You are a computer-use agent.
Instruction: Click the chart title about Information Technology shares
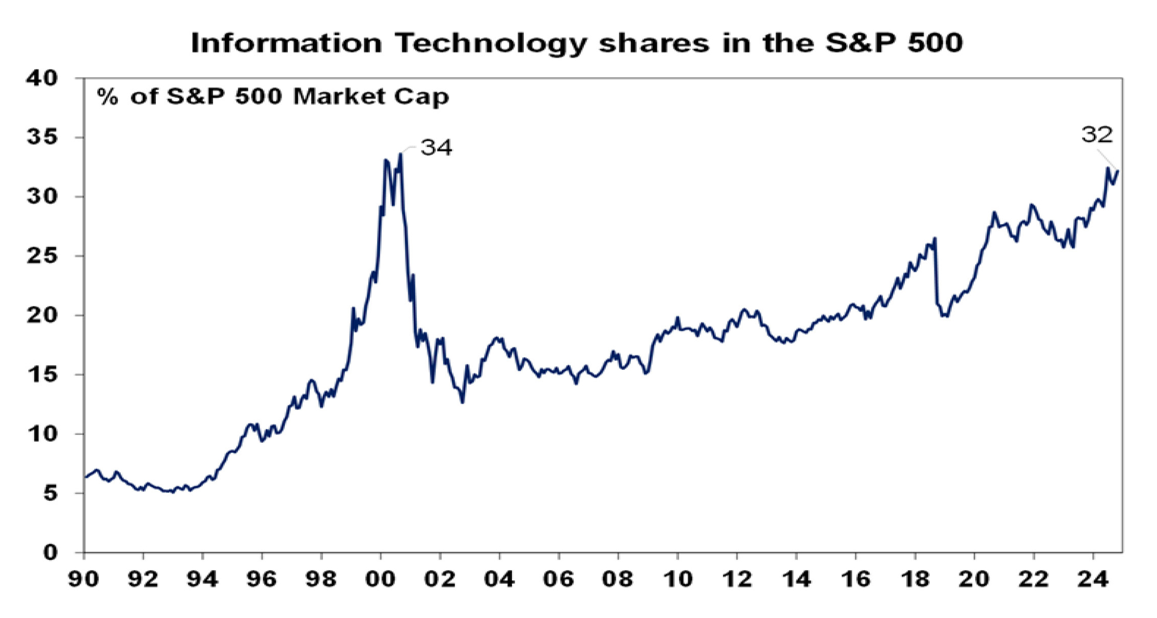(577, 42)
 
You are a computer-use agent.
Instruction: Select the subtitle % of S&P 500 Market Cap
(273, 96)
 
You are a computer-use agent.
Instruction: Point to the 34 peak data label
(436, 148)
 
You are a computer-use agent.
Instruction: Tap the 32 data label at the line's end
(1097, 135)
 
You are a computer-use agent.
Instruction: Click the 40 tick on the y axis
(43, 78)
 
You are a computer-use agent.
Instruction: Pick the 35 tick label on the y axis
(43, 138)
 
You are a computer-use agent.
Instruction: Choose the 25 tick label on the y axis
(43, 256)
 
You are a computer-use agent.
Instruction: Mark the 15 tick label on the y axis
(43, 374)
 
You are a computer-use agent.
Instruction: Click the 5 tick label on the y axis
(50, 493)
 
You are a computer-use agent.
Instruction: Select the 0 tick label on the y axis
(50, 552)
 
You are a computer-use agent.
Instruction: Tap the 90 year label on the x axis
(84, 579)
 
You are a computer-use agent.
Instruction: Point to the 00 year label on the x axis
(381, 579)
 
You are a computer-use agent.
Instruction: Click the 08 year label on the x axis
(618, 579)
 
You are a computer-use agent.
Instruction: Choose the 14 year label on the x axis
(796, 579)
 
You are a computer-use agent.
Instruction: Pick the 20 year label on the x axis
(974, 579)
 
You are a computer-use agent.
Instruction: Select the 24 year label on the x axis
(1092, 579)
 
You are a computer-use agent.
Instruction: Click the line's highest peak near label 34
(401, 154)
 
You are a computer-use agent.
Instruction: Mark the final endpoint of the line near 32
(1118, 171)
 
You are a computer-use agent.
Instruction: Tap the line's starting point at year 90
(85, 477)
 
